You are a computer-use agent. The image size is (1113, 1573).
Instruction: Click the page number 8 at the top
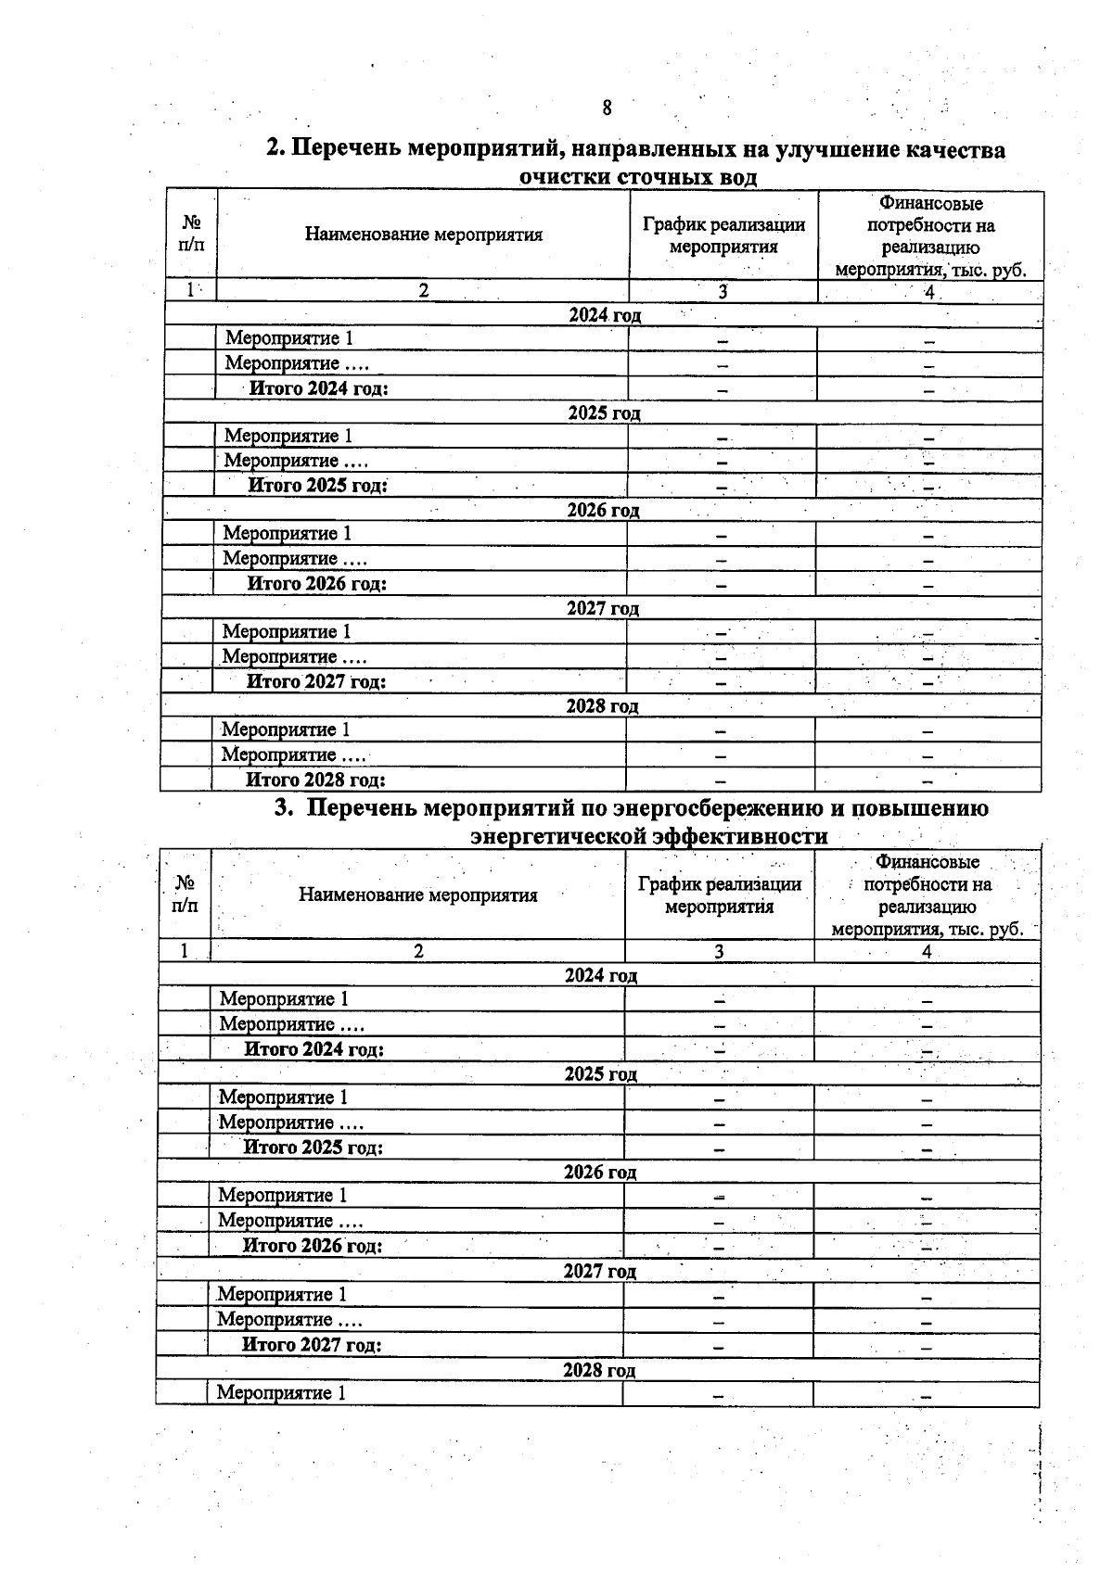(607, 108)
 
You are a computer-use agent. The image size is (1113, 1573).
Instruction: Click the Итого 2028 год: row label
(315, 780)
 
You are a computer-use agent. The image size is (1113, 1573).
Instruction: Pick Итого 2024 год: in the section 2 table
(318, 387)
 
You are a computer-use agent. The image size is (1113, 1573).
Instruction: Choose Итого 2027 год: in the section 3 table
(312, 1344)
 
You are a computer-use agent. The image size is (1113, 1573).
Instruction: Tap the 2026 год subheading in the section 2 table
(603, 510)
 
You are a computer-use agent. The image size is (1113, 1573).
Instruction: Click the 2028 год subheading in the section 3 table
(599, 1370)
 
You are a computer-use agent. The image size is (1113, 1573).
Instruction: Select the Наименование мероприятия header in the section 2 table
(423, 235)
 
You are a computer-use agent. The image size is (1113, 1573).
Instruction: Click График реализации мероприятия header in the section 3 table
(720, 895)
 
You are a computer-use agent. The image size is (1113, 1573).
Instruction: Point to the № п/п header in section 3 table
(185, 894)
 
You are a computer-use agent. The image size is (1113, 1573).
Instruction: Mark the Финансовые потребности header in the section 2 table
(930, 236)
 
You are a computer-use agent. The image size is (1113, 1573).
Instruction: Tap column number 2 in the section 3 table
(418, 951)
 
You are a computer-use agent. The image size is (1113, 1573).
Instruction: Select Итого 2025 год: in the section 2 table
(317, 485)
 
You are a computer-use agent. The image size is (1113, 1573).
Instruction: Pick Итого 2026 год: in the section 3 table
(313, 1246)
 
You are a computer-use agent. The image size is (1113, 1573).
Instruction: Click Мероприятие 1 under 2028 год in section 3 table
(281, 1392)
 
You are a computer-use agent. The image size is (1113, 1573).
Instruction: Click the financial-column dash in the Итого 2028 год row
(927, 780)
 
